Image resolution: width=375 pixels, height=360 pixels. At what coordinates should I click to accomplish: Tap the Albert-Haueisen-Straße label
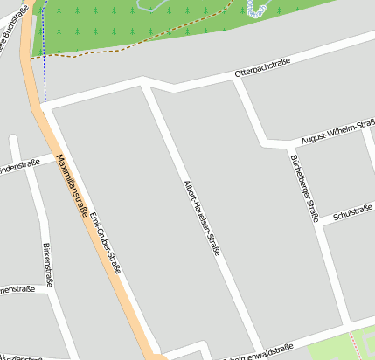click(202, 218)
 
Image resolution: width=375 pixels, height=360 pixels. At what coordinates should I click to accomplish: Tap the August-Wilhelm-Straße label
click(337, 134)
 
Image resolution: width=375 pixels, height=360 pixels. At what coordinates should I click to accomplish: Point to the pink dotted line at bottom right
click(354, 343)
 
